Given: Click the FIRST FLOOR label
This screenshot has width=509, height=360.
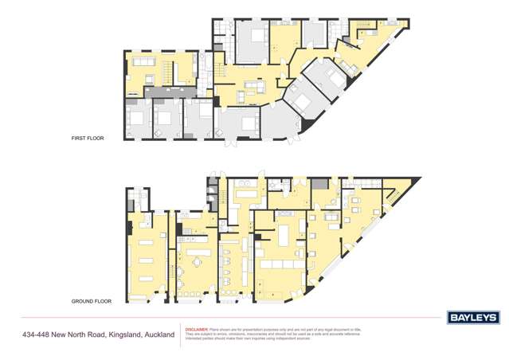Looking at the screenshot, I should [x=88, y=139].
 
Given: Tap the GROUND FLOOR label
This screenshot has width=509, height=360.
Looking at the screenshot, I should [x=90, y=302].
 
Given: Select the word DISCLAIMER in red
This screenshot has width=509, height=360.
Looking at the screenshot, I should [x=196, y=328].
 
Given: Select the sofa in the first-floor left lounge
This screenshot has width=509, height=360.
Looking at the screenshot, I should [x=142, y=62].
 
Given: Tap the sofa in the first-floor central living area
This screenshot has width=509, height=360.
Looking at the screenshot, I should [x=253, y=85].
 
